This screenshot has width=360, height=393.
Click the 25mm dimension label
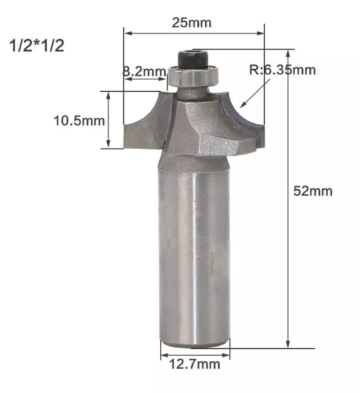tap(192, 23)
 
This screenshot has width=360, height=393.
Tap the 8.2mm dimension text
tap(144, 71)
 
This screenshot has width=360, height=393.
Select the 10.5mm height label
tap(79, 121)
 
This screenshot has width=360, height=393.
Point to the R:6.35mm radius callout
tap(283, 69)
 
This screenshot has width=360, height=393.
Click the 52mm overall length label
tap(313, 191)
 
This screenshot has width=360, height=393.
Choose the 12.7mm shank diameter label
tap(195, 364)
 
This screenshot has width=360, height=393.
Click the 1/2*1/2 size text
tap(37, 46)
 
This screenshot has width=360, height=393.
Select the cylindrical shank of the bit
tap(194, 256)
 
